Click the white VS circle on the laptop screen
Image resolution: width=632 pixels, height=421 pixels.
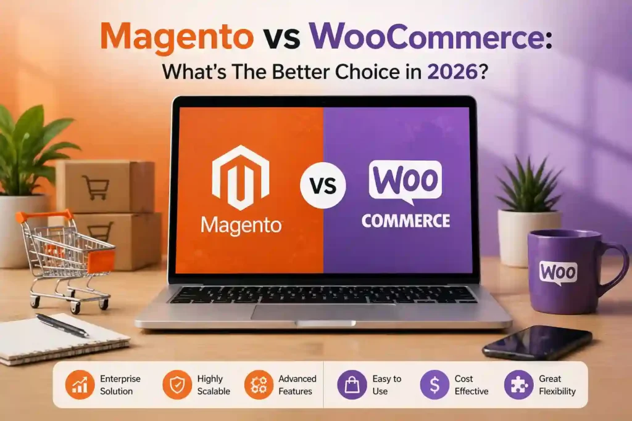tap(323, 186)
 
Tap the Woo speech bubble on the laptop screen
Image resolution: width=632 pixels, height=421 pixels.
tap(405, 181)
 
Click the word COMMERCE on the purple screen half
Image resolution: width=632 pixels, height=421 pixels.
tap(405, 220)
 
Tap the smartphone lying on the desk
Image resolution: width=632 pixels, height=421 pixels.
tap(537, 342)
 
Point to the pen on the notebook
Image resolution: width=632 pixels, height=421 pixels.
tap(62, 325)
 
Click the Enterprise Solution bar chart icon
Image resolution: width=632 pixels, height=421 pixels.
tap(78, 385)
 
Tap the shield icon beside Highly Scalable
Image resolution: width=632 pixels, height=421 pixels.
tap(175, 385)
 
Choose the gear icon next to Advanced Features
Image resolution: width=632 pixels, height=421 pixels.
tap(257, 385)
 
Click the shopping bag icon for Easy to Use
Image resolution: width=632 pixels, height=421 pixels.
tap(351, 385)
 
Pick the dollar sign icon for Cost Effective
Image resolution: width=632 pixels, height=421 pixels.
tap(434, 385)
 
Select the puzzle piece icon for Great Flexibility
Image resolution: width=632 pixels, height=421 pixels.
tap(518, 385)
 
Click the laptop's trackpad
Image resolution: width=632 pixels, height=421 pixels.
tap(323, 312)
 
